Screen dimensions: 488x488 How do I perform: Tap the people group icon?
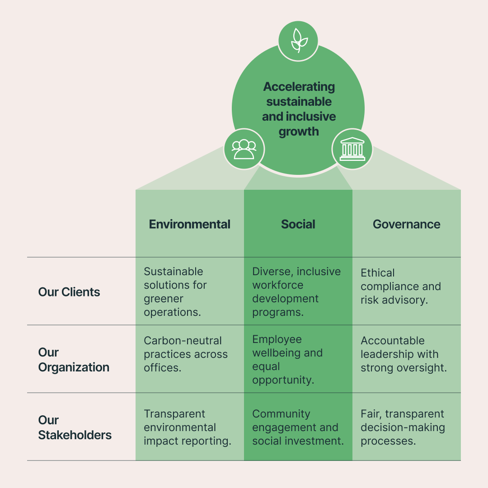(x=244, y=149)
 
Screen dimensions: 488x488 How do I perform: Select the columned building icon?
(x=352, y=149)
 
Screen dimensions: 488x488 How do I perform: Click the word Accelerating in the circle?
(x=299, y=86)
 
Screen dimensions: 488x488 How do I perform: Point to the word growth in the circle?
(x=299, y=131)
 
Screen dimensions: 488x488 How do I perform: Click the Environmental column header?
(x=189, y=224)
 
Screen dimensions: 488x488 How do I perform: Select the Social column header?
(x=298, y=224)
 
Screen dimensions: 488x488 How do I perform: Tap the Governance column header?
(x=406, y=224)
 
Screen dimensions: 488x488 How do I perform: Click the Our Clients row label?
(x=69, y=292)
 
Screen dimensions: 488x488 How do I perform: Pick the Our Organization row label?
(x=74, y=360)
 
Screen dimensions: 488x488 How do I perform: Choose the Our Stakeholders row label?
(x=75, y=427)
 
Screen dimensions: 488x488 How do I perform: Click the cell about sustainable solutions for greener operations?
(x=175, y=291)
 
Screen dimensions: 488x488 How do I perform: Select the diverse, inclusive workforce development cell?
(x=296, y=291)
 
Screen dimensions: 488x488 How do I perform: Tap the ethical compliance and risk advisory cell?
(x=400, y=286)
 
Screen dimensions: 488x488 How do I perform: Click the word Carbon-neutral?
(x=183, y=341)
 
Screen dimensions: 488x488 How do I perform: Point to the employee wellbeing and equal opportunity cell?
(x=287, y=360)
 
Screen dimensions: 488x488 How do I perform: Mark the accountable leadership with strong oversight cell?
(x=404, y=354)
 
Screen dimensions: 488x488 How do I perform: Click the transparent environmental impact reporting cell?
(x=187, y=427)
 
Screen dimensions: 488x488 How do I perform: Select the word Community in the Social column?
(x=281, y=414)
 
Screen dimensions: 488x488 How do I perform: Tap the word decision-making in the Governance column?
(x=403, y=427)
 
